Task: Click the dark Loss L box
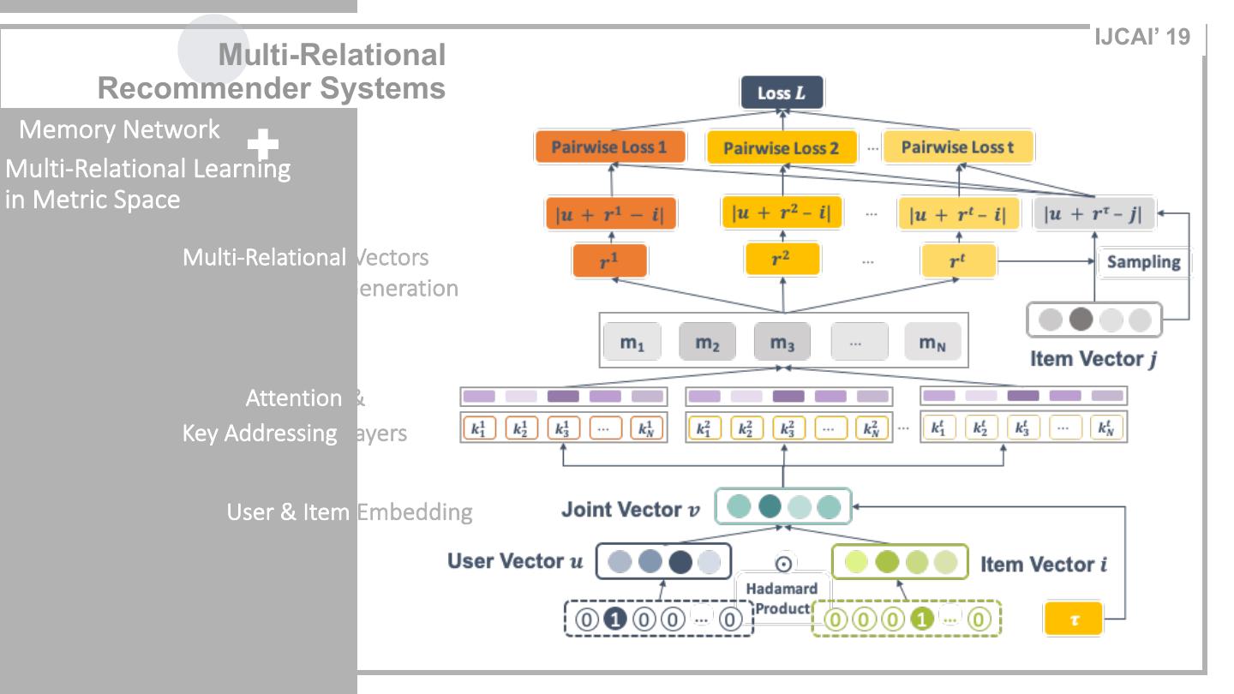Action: [781, 93]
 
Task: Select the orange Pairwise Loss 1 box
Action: [609, 147]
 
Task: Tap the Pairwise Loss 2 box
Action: [781, 148]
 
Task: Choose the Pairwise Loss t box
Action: [957, 147]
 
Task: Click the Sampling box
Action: [1143, 262]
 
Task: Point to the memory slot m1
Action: [632, 343]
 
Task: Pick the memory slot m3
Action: [782, 343]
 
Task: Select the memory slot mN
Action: [932, 343]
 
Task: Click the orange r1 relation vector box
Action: [609, 260]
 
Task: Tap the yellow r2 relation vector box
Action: [782, 259]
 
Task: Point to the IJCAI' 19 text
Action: [1142, 38]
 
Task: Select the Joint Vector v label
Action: [630, 510]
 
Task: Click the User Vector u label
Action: [515, 561]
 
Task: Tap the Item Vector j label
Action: [1093, 359]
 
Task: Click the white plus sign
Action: [262, 147]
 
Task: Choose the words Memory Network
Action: [119, 130]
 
